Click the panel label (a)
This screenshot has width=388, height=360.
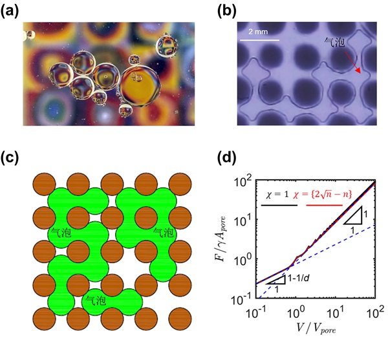pyautogui.click(x=15, y=10)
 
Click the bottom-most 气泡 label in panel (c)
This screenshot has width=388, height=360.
pyautogui.click(x=96, y=299)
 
